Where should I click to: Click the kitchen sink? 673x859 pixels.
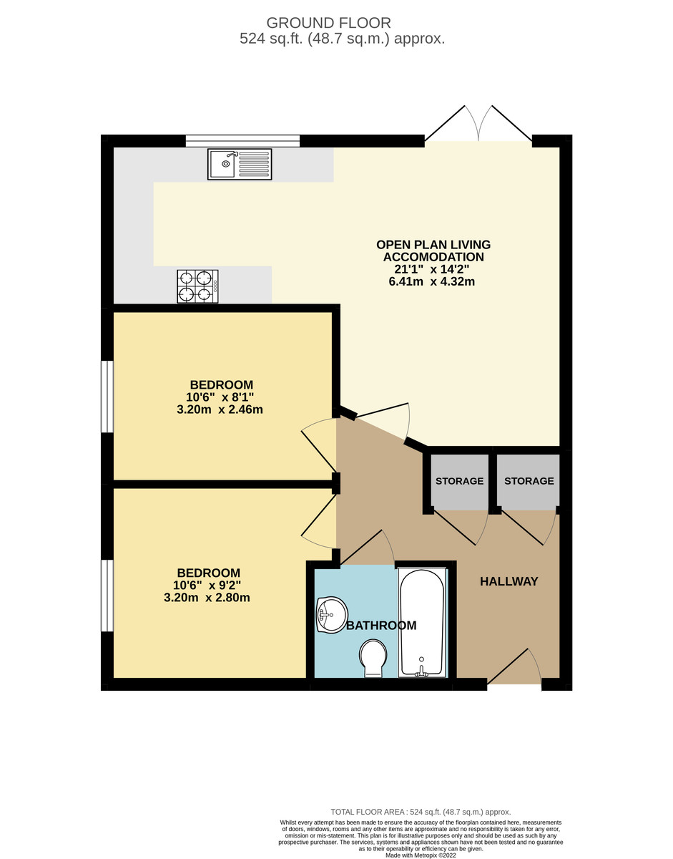tap(240, 164)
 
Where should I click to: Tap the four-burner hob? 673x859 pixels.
tap(197, 286)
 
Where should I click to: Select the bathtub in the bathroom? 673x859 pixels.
tap(422, 622)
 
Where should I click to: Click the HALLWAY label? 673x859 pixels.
tap(509, 581)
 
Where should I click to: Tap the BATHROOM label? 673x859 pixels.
tap(381, 626)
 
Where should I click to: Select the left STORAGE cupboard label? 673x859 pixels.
tap(459, 481)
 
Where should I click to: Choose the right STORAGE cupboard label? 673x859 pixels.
tap(529, 481)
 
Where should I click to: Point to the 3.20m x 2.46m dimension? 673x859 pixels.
tap(220, 410)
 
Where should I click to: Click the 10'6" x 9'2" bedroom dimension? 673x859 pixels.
tap(207, 585)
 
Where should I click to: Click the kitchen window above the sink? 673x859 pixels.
tap(242, 140)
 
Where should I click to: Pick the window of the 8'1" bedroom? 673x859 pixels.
tap(107, 397)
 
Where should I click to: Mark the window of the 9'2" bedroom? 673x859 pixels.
tap(107, 596)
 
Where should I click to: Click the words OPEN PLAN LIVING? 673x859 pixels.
tap(433, 245)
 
